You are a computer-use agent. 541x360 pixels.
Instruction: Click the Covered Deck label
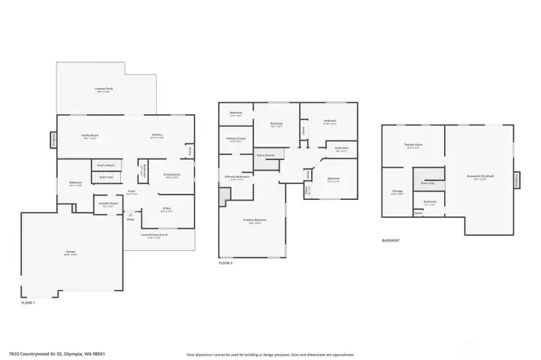coord(104,89)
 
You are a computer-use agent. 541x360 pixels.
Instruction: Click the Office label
coord(166,210)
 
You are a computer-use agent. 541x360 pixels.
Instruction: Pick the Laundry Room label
coord(106,204)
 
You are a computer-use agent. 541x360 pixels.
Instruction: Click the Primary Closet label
coord(235,140)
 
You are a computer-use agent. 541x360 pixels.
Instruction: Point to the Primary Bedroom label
coord(252,220)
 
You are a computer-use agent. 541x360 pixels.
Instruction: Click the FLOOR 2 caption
coord(226,263)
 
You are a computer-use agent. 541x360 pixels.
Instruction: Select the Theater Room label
coord(413,144)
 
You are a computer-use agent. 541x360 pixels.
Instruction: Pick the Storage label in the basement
coord(397,192)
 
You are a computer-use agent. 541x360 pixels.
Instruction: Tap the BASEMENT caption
coord(391,241)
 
